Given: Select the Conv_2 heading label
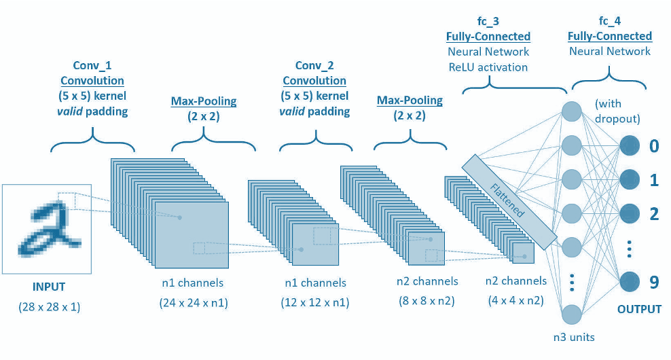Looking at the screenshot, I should [314, 65].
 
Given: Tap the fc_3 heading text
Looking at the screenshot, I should [488, 22].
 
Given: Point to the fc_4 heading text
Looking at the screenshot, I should [610, 21].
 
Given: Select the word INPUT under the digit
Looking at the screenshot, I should [49, 287].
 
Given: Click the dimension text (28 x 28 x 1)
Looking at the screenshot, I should [49, 307].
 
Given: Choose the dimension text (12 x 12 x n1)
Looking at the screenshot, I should [314, 303].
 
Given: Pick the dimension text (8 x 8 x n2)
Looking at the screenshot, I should [427, 301].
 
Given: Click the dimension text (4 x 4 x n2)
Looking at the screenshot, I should [516, 301].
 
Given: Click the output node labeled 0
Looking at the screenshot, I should [629, 145].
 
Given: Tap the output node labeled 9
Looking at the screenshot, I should [629, 281].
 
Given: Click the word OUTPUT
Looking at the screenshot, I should [639, 310].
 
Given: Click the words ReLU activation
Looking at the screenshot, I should [488, 67].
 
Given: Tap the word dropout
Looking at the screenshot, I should [618, 119].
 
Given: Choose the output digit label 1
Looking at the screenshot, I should [654, 180].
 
